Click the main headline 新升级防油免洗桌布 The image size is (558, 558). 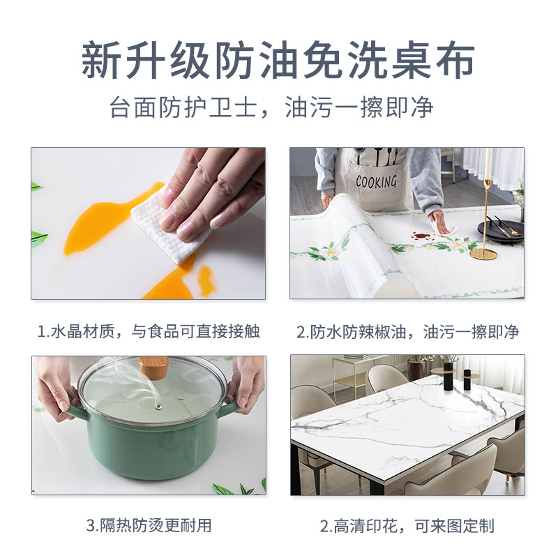tap(279, 61)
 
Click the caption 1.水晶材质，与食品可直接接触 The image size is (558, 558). tap(148, 331)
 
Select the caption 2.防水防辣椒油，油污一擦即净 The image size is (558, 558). tap(407, 331)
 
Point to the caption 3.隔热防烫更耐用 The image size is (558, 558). tap(148, 525)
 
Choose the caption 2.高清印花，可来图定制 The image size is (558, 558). tap(407, 525)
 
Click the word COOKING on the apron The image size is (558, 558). tap(376, 182)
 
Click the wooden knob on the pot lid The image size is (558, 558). tap(153, 367)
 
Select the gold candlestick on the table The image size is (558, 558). tap(486, 209)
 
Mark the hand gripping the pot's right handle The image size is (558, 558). tap(248, 384)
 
